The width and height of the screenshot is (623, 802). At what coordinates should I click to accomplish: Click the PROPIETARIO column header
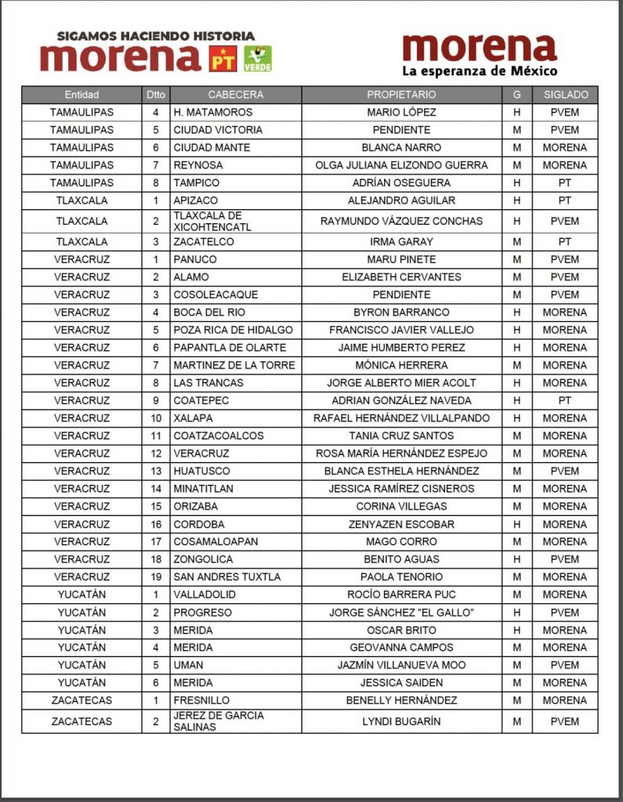(x=401, y=95)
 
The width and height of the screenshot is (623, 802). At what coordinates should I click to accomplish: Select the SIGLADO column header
(x=564, y=95)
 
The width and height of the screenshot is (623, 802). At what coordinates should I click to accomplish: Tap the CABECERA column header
(x=236, y=95)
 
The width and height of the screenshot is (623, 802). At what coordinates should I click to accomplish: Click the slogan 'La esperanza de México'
(x=479, y=72)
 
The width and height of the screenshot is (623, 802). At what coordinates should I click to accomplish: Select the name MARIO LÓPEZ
(x=401, y=112)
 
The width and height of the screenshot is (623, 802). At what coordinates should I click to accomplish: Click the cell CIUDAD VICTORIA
(x=218, y=130)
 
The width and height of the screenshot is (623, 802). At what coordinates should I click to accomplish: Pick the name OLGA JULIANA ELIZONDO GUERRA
(x=401, y=165)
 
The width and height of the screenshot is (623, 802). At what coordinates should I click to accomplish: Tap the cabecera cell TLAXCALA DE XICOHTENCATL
(x=208, y=221)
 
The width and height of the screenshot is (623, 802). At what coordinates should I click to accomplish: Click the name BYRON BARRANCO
(x=401, y=312)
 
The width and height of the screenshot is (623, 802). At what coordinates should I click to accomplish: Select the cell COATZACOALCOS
(x=219, y=435)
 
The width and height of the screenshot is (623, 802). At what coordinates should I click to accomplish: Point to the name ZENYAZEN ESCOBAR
(x=401, y=524)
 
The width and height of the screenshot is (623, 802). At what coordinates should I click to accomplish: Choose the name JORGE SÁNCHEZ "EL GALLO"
(x=401, y=612)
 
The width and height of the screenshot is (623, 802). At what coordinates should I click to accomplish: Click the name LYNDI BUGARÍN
(x=401, y=721)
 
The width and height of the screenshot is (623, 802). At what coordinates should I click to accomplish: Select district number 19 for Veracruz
(x=156, y=577)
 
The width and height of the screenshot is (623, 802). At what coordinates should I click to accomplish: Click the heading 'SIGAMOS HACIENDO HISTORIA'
(x=156, y=36)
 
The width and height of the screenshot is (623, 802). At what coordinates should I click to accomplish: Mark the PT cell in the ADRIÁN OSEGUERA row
(x=564, y=182)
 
